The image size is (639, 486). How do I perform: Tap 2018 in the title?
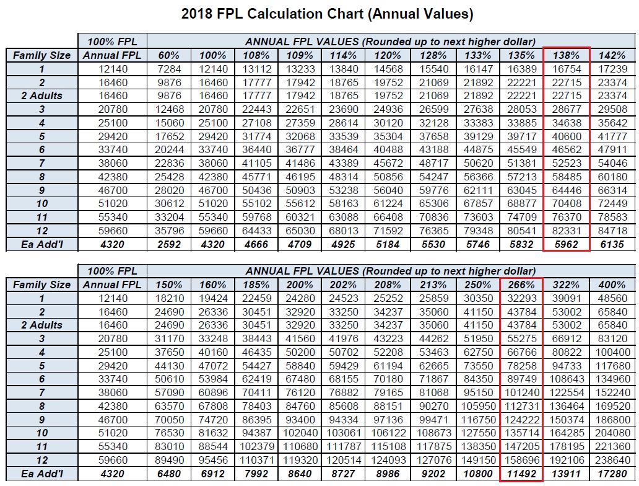[x=197, y=13]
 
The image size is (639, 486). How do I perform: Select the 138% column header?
[x=566, y=55]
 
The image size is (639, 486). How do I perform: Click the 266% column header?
[x=521, y=285]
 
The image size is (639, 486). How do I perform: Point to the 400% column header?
[x=612, y=285]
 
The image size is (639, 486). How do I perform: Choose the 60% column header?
[x=169, y=55]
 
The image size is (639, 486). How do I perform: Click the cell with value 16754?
[x=566, y=69]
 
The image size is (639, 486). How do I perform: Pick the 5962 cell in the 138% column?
[x=566, y=244]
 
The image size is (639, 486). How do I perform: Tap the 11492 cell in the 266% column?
[x=521, y=474]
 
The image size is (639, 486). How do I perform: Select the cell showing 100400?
[x=612, y=353]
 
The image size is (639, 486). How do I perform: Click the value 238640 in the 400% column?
[x=612, y=460]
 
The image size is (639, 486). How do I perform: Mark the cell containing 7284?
[x=169, y=69]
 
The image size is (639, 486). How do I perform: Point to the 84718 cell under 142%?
[x=612, y=231]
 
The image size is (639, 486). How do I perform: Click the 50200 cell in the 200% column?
[x=299, y=353]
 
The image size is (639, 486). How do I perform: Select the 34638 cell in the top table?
[x=566, y=123]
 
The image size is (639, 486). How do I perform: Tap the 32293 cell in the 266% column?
[x=521, y=298]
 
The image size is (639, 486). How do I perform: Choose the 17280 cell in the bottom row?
[x=612, y=474]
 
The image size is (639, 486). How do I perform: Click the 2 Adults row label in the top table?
[x=42, y=96]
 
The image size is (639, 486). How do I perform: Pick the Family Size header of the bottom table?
[x=42, y=285]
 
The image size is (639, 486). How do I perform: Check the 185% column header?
[x=256, y=285]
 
